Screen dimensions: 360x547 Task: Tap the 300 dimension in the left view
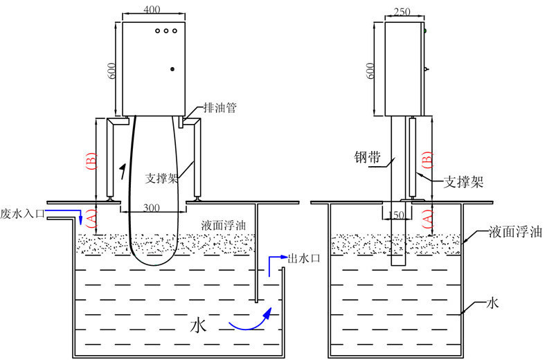[153, 207]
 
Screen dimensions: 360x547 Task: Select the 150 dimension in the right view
[397, 215]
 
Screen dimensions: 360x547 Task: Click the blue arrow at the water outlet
[275, 262]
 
